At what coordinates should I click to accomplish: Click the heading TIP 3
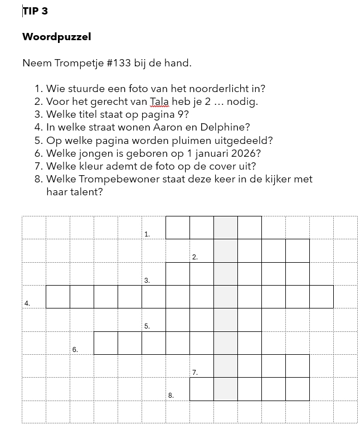coord(35,11)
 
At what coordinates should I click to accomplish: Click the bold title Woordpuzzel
coord(56,37)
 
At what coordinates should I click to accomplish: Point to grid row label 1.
coord(147,234)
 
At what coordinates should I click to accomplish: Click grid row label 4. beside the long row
coord(27,303)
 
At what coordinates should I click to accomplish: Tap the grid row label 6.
coord(75,349)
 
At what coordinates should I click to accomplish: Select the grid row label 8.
coord(171,395)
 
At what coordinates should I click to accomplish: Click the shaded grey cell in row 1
coord(226,228)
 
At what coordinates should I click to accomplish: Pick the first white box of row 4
coord(57,297)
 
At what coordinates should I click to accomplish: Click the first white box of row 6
coord(105,343)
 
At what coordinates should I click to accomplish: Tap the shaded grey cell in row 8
coord(226,389)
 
